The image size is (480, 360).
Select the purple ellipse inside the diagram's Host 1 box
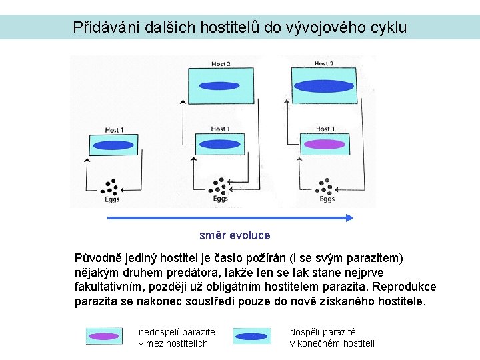pos(324,144)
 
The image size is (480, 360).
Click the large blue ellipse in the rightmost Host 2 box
pos(324,85)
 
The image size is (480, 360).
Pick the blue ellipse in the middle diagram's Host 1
pos(219,144)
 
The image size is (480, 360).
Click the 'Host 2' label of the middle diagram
pos(221,64)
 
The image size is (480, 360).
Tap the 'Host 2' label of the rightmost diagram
pos(324,63)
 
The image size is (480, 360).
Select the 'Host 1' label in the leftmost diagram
pos(114,129)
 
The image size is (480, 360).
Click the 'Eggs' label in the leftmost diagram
pos(112,199)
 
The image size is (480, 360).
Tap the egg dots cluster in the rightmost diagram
pos(325,185)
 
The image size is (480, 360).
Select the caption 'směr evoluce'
pos(235,235)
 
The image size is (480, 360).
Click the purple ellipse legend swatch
pos(104,337)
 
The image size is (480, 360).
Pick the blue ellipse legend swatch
pos(251,337)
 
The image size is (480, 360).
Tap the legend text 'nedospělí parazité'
pos(177,331)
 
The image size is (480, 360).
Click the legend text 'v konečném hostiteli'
pos(332,343)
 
